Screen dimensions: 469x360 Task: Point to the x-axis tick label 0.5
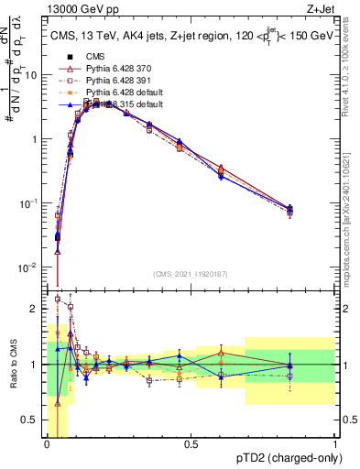coord(191,444)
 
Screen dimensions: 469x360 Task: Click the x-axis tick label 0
coord(47,444)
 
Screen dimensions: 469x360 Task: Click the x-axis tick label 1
coord(334,444)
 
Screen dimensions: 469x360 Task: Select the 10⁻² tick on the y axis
coord(32,267)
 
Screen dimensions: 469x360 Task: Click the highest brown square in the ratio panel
coord(59,299)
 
